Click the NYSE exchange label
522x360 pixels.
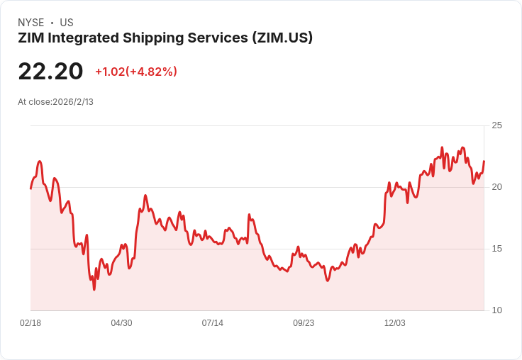click(30, 23)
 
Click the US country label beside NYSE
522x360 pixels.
click(67, 23)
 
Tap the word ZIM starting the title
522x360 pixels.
click(31, 38)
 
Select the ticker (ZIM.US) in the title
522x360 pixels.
click(282, 38)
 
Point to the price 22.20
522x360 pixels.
click(50, 72)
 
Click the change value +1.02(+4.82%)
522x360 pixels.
click(136, 72)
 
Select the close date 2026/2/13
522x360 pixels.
click(73, 102)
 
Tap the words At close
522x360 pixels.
click(34, 102)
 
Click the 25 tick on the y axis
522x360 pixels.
click(496, 125)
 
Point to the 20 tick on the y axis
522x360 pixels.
click(496, 187)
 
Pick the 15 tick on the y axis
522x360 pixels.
click(496, 249)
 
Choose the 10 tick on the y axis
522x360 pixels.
click(496, 310)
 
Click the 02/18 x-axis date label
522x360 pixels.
click(30, 323)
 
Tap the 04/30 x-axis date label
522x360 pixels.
click(121, 323)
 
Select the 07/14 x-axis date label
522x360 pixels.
click(213, 323)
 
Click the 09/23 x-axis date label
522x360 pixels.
click(304, 323)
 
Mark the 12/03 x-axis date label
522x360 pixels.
click(395, 323)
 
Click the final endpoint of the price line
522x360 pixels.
click(484, 162)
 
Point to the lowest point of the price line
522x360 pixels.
click(94, 289)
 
